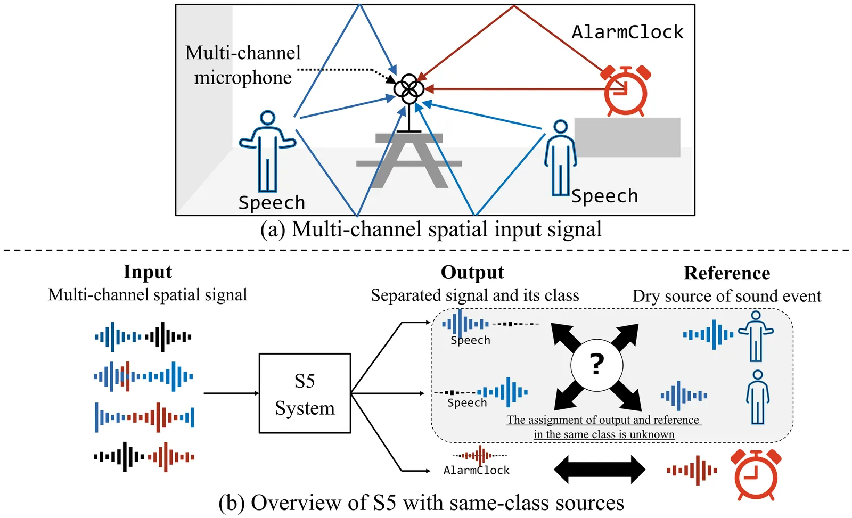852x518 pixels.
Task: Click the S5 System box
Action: [x=305, y=393]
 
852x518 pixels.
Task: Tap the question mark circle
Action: [x=596, y=365]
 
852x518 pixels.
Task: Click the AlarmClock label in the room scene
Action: [x=627, y=32]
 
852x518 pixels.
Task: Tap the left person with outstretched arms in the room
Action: [x=267, y=151]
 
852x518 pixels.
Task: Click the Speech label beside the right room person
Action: [x=604, y=196]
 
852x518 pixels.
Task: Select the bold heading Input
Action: [x=148, y=272]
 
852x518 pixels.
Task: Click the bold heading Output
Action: [x=472, y=273]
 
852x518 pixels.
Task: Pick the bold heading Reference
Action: [x=727, y=273]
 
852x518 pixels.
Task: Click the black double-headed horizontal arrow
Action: [x=600, y=470]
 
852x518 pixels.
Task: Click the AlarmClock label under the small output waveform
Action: [x=477, y=471]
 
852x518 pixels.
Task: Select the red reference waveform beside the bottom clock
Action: [x=692, y=470]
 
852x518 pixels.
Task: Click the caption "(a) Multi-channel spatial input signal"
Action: [x=431, y=229]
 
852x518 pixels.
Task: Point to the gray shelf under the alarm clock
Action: [x=627, y=137]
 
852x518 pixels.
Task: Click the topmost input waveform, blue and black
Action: [x=143, y=337]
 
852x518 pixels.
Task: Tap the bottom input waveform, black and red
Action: [x=144, y=457]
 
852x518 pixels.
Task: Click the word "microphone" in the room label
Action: [x=243, y=78]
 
